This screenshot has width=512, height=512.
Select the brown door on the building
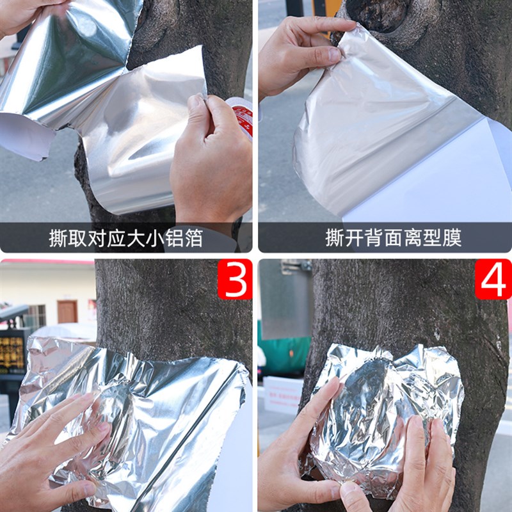(67, 312)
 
